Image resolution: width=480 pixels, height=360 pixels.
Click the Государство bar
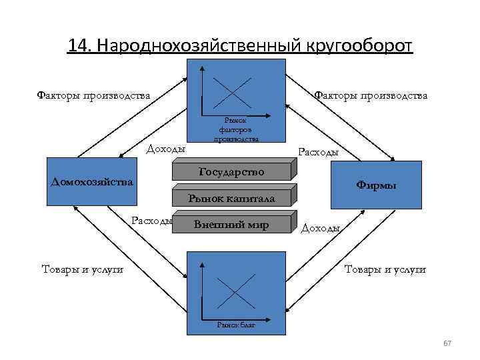tap(231, 172)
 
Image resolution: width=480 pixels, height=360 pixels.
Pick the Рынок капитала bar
tap(231, 198)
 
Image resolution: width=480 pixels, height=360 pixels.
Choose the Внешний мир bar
tap(231, 225)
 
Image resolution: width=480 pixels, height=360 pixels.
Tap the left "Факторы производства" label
tap(93, 95)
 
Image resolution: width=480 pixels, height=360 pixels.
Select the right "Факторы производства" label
tap(370, 95)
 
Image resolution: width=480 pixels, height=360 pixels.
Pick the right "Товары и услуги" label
tap(385, 269)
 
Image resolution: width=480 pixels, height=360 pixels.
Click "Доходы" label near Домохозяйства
tap(165, 149)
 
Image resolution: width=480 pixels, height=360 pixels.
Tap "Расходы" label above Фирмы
tap(319, 152)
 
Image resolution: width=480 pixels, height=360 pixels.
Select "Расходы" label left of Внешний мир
tap(153, 221)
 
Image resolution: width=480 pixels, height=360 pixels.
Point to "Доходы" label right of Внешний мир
tap(321, 228)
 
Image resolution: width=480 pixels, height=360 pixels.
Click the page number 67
tap(447, 343)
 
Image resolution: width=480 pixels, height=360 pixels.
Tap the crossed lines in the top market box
tap(231, 92)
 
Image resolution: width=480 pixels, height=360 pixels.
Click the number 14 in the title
tap(79, 45)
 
